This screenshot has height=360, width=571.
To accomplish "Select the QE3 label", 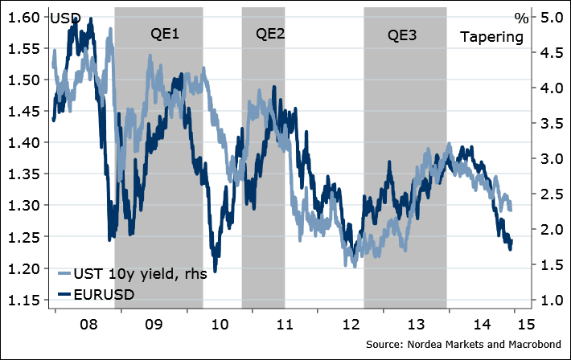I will pyautogui.click(x=403, y=35).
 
